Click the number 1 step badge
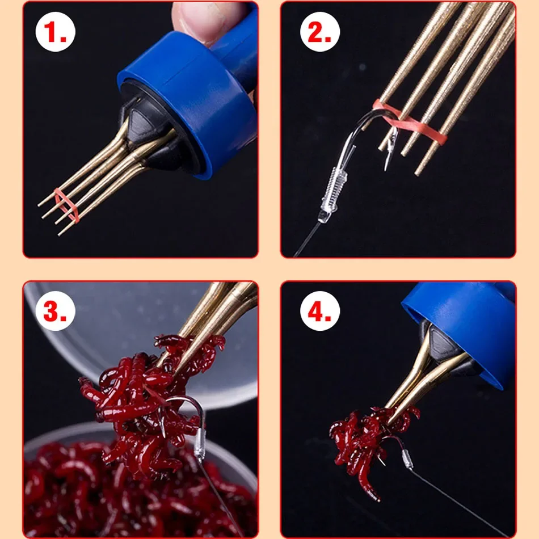(x=56, y=32)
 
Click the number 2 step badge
(x=320, y=32)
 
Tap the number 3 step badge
(x=56, y=311)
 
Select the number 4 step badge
(x=320, y=311)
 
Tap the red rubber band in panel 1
(x=66, y=204)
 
